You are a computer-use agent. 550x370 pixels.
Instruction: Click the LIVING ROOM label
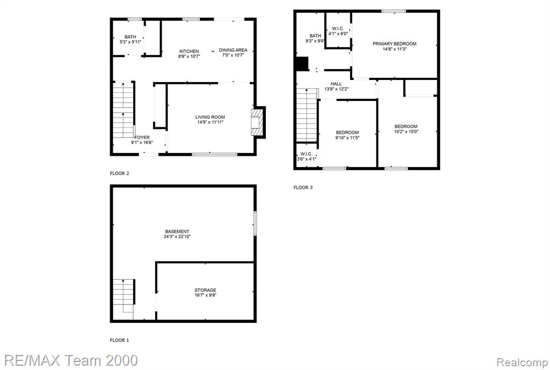tap(210, 117)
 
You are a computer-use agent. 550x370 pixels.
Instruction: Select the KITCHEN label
tap(189, 51)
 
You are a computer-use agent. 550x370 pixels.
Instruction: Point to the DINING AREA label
tap(233, 50)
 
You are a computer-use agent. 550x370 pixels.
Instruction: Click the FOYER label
tap(142, 137)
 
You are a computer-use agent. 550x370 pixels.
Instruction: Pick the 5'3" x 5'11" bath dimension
tap(131, 42)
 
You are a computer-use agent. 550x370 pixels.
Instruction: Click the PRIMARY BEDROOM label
tap(395, 44)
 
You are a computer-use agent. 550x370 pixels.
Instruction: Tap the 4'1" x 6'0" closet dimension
tap(338, 34)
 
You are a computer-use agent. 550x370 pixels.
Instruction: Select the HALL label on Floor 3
tap(336, 84)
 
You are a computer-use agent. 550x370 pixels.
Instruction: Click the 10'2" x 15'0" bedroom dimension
tap(406, 132)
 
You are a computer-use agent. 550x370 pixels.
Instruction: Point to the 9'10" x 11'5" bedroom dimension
tap(348, 138)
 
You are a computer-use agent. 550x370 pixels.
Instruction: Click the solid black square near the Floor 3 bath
tap(302, 63)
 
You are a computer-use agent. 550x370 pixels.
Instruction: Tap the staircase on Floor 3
tap(307, 115)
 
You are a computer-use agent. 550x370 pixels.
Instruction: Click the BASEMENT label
tap(177, 231)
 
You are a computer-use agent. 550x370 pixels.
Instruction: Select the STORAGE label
tap(206, 290)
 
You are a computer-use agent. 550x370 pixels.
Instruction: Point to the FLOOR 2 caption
tap(120, 173)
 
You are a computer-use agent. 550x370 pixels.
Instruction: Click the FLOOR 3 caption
tap(303, 187)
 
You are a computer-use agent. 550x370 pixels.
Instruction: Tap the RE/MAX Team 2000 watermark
tap(71, 360)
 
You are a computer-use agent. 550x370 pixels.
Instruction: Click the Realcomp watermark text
tap(522, 362)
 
